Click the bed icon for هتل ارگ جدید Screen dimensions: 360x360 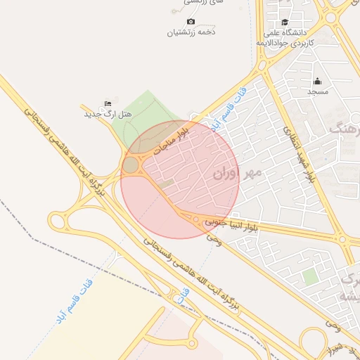pyautogui.click(x=108, y=103)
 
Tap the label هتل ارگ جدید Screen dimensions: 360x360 pyautogui.click(x=108, y=114)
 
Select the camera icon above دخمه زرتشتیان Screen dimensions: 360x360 pyautogui.click(x=191, y=22)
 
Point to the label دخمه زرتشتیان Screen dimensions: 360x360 pyautogui.click(x=191, y=32)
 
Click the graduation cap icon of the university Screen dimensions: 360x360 pyautogui.click(x=285, y=22)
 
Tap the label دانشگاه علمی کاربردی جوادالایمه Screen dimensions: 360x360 pyautogui.click(x=293, y=38)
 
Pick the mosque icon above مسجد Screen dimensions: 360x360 pyautogui.click(x=317, y=81)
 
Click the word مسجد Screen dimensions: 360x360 pyautogui.click(x=317, y=91)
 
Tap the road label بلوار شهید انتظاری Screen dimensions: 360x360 pyautogui.click(x=299, y=155)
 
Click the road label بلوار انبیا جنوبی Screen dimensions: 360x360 pyautogui.click(x=232, y=224)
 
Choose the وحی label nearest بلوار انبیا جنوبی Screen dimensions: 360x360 pyautogui.click(x=214, y=239)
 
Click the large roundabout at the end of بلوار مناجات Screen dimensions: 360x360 pyautogui.click(x=131, y=165)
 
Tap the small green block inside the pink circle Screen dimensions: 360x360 pyautogui.click(x=166, y=184)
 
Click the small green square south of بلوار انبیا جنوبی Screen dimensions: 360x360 pyautogui.click(x=309, y=276)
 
